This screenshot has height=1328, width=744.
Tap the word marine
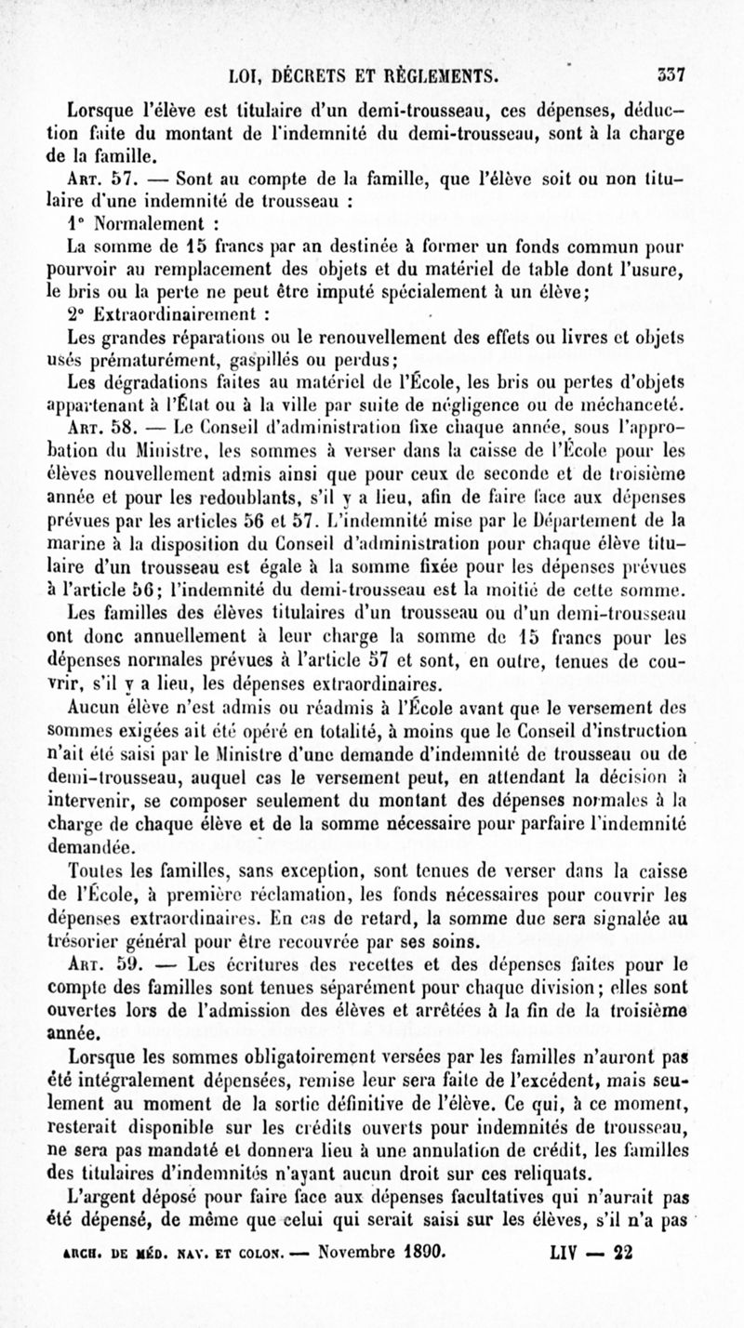coord(77,554)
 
